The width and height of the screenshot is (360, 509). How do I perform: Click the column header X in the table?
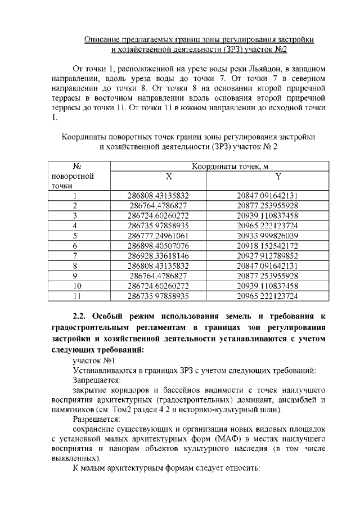(158, 176)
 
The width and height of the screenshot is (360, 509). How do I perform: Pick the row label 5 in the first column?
(75, 235)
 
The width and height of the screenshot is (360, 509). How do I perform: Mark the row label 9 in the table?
(75, 276)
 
